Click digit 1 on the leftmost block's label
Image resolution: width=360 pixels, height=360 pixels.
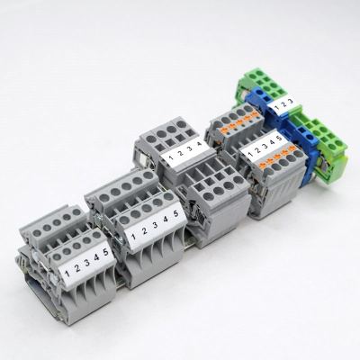click(x=55, y=267)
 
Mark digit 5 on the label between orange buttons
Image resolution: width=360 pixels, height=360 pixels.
click(x=279, y=137)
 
